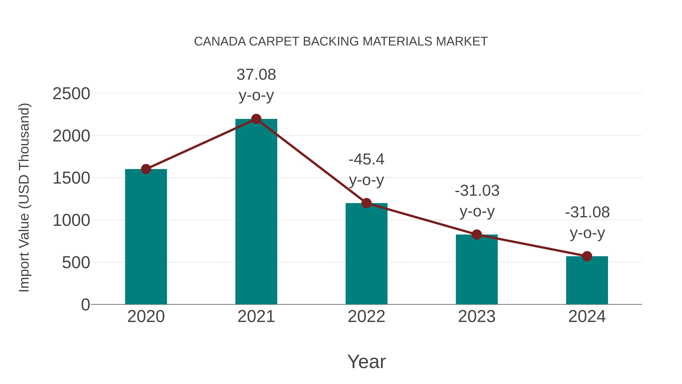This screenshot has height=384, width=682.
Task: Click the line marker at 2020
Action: [x=146, y=169]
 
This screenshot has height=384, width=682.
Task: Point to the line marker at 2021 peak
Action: [x=256, y=119]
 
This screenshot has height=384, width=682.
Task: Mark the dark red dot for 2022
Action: [x=366, y=203]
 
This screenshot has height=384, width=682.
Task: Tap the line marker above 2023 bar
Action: [x=477, y=234]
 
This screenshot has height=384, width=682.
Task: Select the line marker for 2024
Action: [x=587, y=256]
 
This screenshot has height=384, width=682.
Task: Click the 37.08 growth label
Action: [x=256, y=75]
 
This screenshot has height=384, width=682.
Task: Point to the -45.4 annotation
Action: [x=366, y=159]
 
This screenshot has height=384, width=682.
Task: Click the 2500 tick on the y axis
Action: [x=71, y=94]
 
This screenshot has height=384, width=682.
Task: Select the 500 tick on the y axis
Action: [x=76, y=263]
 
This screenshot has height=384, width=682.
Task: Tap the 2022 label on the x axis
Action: [x=366, y=316]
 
